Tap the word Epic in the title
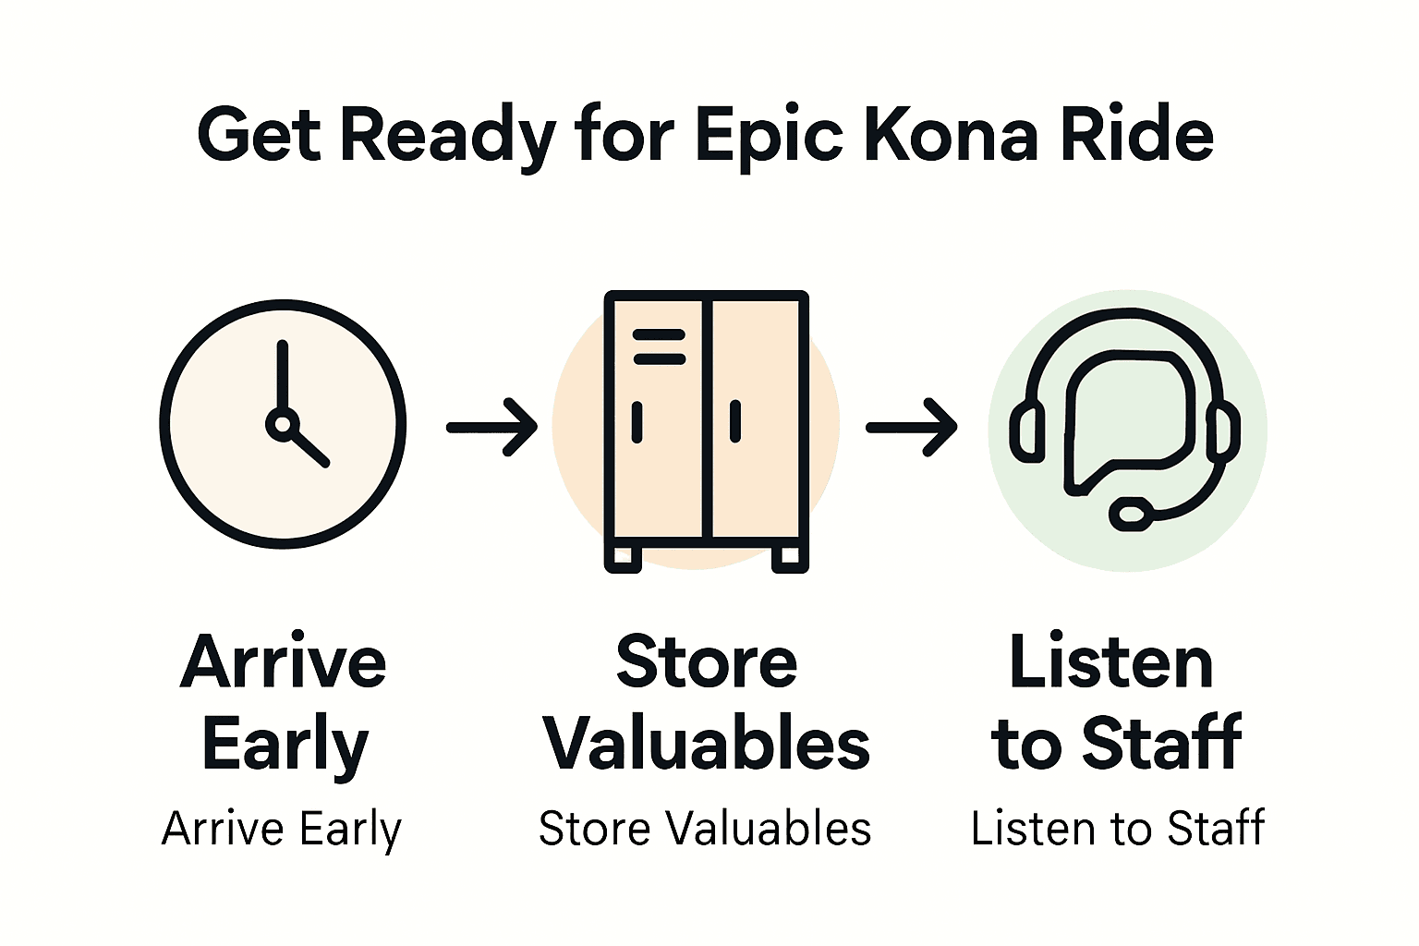point(768,137)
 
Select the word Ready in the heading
point(447,137)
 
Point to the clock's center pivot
point(282,424)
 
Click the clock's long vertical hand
point(282,374)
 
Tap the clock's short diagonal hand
point(309,447)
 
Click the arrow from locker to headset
point(911,427)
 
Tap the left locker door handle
point(637,422)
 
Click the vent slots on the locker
point(658,346)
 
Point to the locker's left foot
point(623,557)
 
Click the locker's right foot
point(789,557)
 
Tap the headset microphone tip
point(1130,513)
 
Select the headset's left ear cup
point(1025,431)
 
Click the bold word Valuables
point(707,744)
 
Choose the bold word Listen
point(1111,662)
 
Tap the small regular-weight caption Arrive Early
point(282,829)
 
